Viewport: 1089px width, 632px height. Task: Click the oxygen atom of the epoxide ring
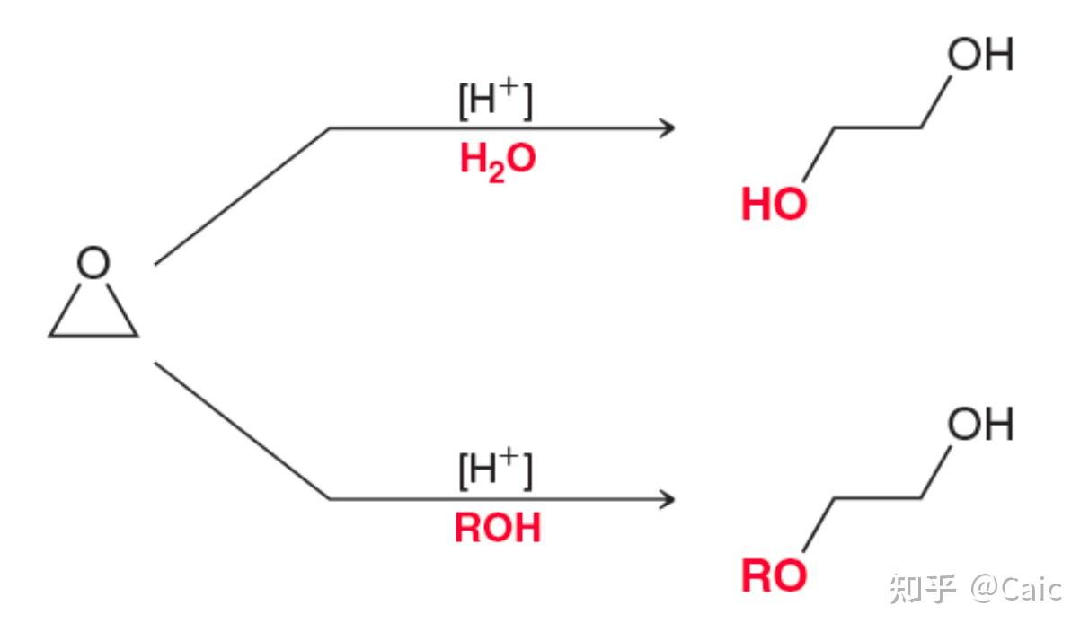pyautogui.click(x=93, y=264)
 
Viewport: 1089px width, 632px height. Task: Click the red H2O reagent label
pyautogui.click(x=497, y=160)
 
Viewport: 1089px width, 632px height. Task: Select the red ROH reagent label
pyautogui.click(x=497, y=529)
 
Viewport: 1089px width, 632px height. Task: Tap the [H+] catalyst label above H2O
pyautogui.click(x=495, y=101)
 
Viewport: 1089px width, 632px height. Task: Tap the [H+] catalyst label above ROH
pyautogui.click(x=495, y=470)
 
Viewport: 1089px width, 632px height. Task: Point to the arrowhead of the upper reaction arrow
pyautogui.click(x=667, y=128)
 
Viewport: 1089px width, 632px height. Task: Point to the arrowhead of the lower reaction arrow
pyautogui.click(x=667, y=499)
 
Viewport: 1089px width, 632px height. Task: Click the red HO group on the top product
pyautogui.click(x=774, y=206)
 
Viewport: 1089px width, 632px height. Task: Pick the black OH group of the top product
pyautogui.click(x=979, y=56)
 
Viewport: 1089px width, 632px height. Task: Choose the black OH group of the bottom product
pyautogui.click(x=979, y=425)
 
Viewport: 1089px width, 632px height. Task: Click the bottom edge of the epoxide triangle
pyautogui.click(x=93, y=336)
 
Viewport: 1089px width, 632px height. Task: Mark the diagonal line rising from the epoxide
pyautogui.click(x=241, y=197)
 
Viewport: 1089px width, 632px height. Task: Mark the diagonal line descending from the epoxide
pyautogui.click(x=241, y=431)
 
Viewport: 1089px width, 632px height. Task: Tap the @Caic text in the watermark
pyautogui.click(x=1016, y=589)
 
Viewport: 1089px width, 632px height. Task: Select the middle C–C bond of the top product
pyautogui.click(x=878, y=128)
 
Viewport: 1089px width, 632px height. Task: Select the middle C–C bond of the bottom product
pyautogui.click(x=878, y=498)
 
